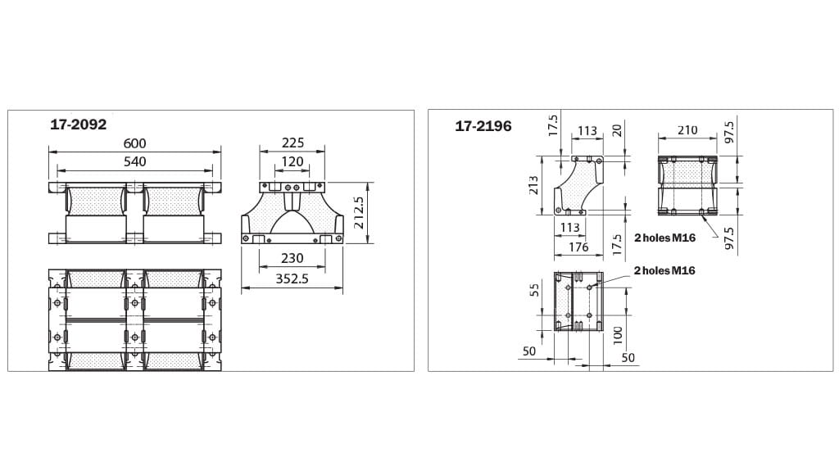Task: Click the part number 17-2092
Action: tap(79, 125)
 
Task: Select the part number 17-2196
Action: tap(483, 126)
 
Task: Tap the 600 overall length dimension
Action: tap(134, 143)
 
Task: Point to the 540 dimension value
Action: tap(134, 161)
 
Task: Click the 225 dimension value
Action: tap(293, 143)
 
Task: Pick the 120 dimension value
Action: tap(293, 161)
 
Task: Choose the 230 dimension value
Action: tap(293, 258)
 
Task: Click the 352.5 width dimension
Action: tap(293, 279)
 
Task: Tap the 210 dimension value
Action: tap(687, 130)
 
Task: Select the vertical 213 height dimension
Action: tap(535, 185)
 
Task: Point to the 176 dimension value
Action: tap(578, 247)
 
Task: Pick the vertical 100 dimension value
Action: tap(618, 334)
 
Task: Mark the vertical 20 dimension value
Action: tap(618, 130)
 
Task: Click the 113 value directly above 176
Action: tap(570, 228)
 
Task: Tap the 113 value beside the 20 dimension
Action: tap(587, 130)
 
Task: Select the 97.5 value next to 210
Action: tap(729, 131)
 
